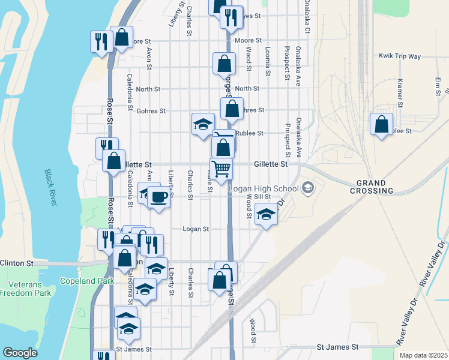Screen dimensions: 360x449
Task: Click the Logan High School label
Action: pos(264,188)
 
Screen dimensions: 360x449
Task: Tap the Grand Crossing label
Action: pos(375,187)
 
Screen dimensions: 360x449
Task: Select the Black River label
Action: pos(51,188)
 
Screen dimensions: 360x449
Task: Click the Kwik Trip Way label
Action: pos(400,56)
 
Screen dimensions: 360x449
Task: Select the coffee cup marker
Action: pos(158,196)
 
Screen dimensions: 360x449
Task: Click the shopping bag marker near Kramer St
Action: pos(381,124)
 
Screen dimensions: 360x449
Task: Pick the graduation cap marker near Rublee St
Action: pos(203,124)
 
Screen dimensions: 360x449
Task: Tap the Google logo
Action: pos(20,353)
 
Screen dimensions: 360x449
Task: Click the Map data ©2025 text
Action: pos(423,355)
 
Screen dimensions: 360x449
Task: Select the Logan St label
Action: pos(196,229)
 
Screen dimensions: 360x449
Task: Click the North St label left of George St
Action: pos(148,89)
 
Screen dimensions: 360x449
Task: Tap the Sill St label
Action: pos(263,196)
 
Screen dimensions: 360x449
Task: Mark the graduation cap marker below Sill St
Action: pos(265,214)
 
